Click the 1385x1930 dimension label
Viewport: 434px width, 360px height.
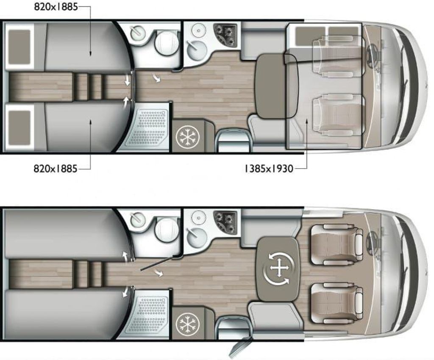[268, 169]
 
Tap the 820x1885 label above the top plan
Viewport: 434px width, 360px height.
[56, 7]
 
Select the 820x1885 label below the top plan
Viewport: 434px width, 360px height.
[56, 169]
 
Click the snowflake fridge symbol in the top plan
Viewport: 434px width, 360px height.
[188, 136]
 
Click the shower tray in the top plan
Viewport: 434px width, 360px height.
[148, 127]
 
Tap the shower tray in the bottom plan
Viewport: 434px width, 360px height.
[148, 314]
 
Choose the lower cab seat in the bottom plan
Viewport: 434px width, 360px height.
[337, 302]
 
